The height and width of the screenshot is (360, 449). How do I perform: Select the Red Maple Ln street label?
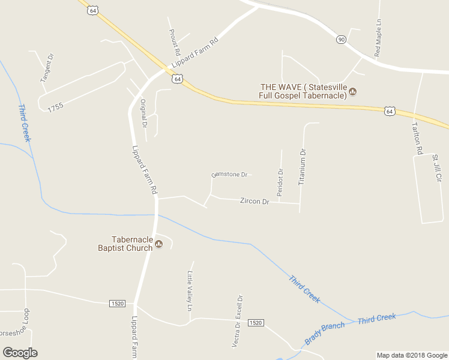(378, 38)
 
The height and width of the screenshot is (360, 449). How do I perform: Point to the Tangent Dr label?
(46, 68)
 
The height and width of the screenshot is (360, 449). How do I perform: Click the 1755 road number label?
(55, 107)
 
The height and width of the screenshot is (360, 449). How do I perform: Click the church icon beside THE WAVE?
(353, 92)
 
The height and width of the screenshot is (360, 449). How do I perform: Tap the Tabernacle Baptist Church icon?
(159, 243)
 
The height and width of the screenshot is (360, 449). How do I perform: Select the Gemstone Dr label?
(230, 175)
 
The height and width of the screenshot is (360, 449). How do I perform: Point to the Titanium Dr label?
(303, 166)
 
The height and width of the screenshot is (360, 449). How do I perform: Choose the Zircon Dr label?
(255, 202)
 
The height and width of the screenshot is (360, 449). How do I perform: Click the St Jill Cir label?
(436, 169)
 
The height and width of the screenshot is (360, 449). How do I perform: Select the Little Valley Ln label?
(190, 291)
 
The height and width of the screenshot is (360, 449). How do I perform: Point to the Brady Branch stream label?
(325, 333)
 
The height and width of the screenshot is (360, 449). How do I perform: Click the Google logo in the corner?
(20, 353)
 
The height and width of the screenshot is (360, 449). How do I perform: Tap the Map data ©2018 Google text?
(411, 355)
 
